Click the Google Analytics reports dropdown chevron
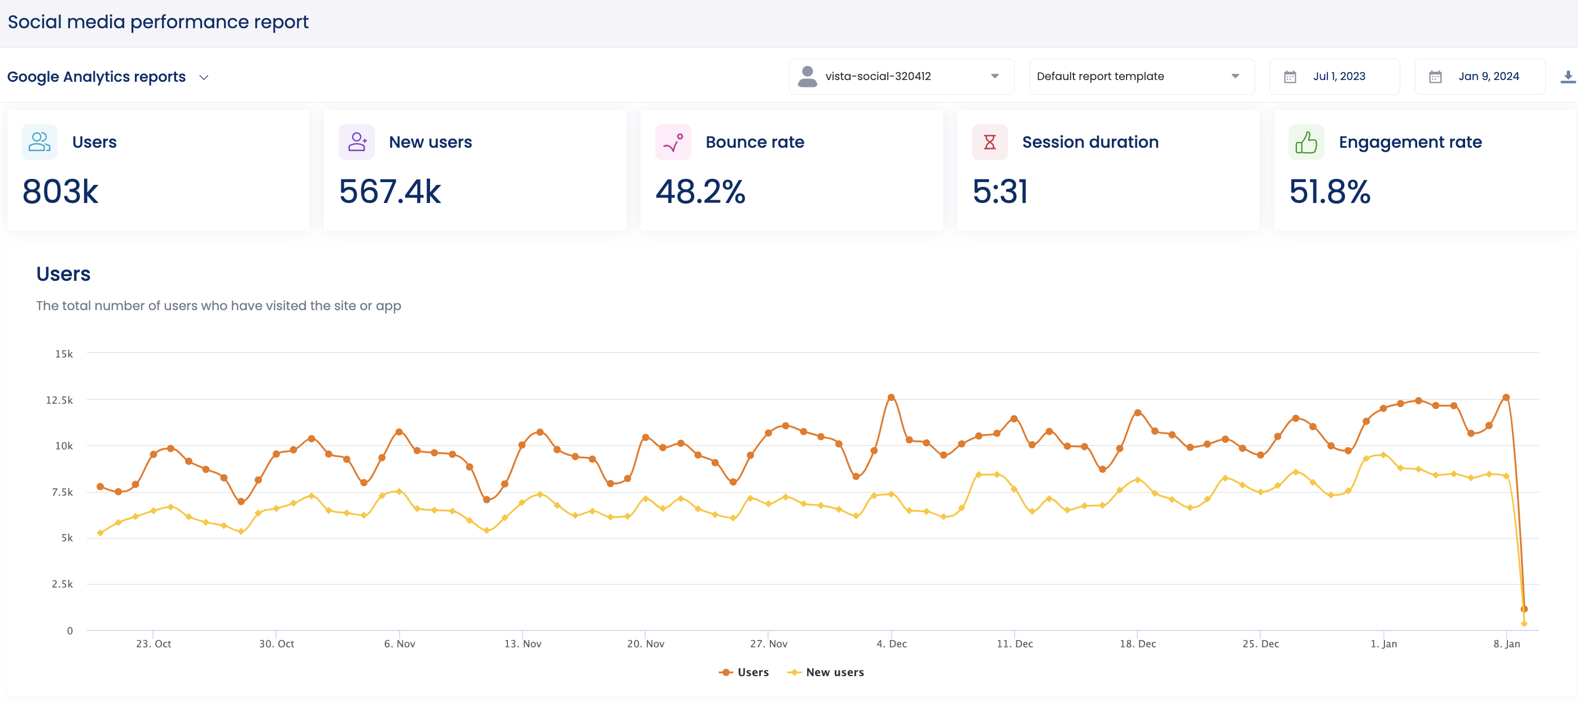(x=204, y=77)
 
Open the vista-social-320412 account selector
(x=901, y=77)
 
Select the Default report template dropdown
(x=1141, y=77)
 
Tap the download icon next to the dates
(x=1568, y=77)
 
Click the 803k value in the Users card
(x=60, y=192)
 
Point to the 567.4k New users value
(x=389, y=192)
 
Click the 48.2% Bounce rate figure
(x=700, y=192)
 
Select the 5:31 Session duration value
(x=1000, y=192)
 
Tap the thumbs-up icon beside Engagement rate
(x=1305, y=142)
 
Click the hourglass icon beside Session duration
(x=989, y=142)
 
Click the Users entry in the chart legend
(x=744, y=672)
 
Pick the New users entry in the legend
(x=826, y=672)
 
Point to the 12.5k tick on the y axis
(x=59, y=400)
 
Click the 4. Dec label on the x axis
(x=891, y=643)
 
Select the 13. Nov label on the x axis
(x=523, y=643)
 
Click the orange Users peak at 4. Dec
(x=891, y=398)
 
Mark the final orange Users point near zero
(x=1524, y=608)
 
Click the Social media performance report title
(x=158, y=22)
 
